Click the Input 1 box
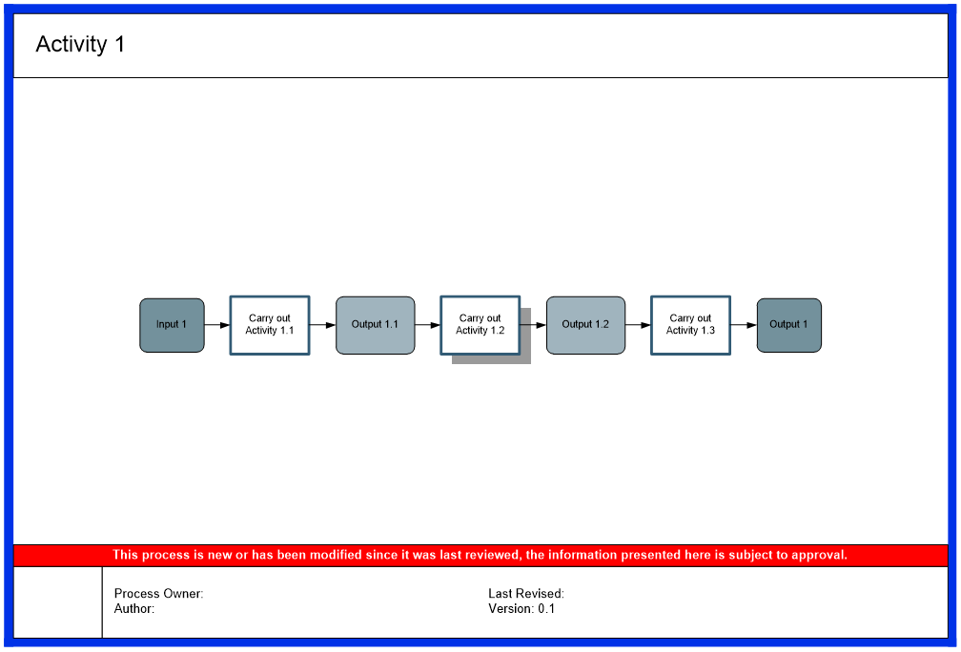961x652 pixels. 172,325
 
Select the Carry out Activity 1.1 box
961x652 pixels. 270,325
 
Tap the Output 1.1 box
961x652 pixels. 375,325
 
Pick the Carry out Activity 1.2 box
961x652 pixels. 480,325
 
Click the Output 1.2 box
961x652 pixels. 585,325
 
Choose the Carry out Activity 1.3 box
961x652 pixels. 690,325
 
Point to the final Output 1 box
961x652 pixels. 788,325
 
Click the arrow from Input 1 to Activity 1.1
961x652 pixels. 217,325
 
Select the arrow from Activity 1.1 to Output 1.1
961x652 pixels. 323,325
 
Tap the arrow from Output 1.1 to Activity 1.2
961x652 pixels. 428,325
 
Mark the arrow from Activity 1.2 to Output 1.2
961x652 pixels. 534,325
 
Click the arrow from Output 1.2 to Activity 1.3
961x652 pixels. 639,325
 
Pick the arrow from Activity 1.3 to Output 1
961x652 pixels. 744,325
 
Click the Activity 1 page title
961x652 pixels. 80,45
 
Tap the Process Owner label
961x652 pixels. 158,594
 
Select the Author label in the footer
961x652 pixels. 134,608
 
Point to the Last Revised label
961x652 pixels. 526,594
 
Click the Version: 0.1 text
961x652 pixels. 521,608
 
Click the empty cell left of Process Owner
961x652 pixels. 58,601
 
